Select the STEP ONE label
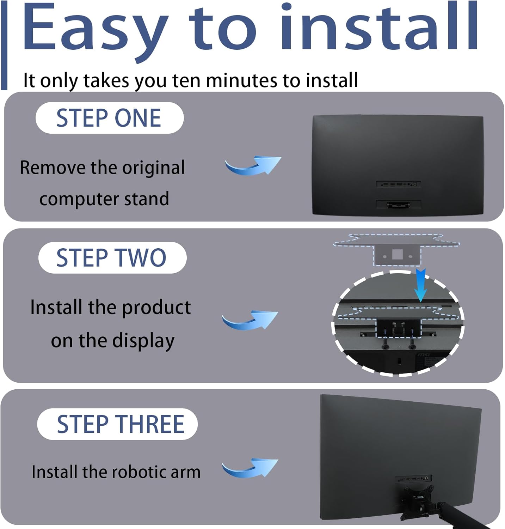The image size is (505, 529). tap(109, 118)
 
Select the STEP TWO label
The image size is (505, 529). tap(112, 257)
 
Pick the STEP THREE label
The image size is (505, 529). tap(117, 424)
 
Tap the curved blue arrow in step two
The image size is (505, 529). tap(250, 320)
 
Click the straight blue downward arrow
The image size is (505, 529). tap(420, 285)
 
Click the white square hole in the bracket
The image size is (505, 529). tap(397, 254)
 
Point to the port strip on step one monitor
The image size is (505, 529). tap(398, 184)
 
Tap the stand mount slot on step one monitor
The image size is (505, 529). tap(398, 205)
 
